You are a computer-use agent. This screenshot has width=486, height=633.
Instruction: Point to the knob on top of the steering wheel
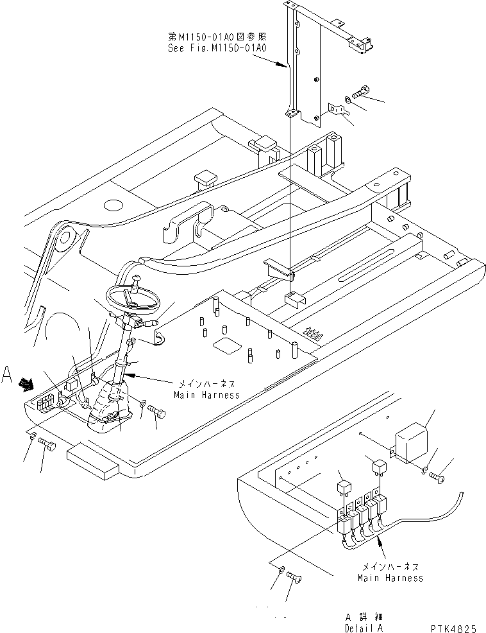tap(137, 278)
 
